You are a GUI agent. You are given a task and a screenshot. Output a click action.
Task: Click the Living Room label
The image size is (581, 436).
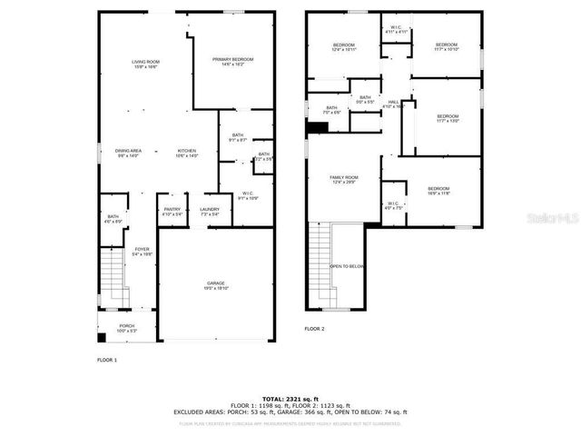(x=145, y=63)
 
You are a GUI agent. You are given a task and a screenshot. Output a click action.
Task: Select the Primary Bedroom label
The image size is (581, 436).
(x=233, y=61)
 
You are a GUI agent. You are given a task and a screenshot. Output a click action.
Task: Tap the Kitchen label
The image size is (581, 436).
(x=187, y=152)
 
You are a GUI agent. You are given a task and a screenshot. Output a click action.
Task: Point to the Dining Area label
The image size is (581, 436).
(x=128, y=152)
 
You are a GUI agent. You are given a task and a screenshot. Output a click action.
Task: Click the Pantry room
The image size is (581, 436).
(x=172, y=211)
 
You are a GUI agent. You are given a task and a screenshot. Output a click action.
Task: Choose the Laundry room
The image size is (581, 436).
(x=210, y=211)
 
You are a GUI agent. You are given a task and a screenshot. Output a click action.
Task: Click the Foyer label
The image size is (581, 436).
(x=142, y=251)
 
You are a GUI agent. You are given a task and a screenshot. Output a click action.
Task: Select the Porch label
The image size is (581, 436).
(x=127, y=327)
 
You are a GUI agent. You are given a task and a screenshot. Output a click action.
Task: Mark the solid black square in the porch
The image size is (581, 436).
(x=102, y=338)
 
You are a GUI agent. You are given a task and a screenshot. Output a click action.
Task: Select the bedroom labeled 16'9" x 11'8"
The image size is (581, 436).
(x=438, y=190)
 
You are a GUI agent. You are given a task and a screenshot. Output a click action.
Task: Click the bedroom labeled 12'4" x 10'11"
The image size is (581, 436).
(x=344, y=46)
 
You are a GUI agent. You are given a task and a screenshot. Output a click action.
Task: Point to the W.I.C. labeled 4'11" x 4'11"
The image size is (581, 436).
(x=397, y=29)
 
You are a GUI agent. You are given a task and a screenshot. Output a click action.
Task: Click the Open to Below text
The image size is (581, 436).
(x=347, y=266)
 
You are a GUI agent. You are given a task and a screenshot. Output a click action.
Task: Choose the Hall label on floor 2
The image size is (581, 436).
(x=394, y=104)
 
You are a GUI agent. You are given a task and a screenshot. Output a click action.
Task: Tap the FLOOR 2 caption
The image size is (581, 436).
(x=314, y=328)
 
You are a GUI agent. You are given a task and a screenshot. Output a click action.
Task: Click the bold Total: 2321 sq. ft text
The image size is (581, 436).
(x=290, y=398)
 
